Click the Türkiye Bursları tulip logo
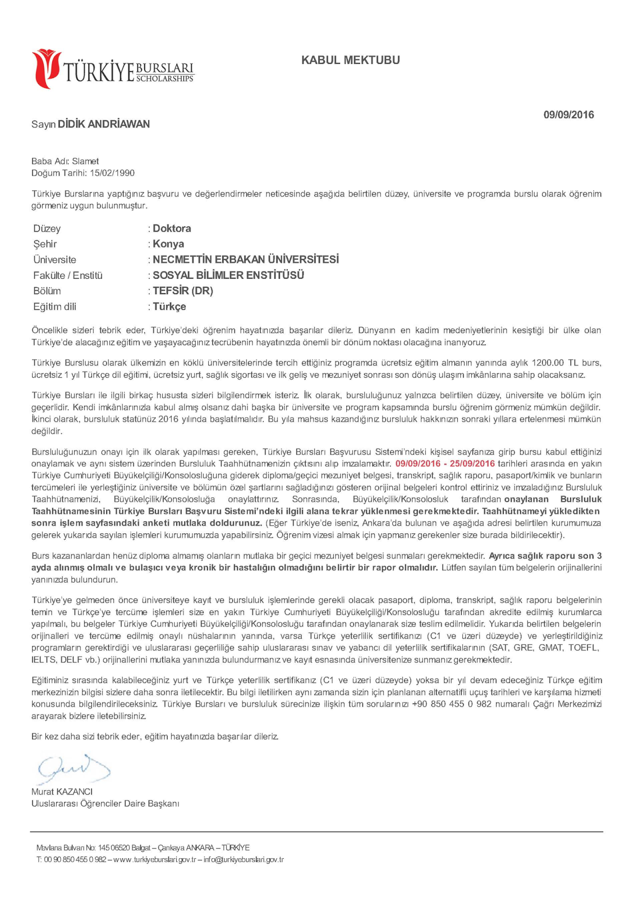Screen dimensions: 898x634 tap(46, 68)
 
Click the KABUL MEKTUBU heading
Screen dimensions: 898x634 tap(350, 60)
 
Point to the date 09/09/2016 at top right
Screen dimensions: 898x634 tap(568, 114)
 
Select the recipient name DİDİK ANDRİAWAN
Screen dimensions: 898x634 tap(104, 124)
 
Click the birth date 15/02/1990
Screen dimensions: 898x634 tap(112, 173)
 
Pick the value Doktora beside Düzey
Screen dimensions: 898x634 tap(172, 228)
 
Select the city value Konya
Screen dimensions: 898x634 tap(168, 244)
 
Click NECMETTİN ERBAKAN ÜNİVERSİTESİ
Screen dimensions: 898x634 tap(246, 259)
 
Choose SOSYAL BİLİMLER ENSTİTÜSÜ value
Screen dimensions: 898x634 tap(228, 275)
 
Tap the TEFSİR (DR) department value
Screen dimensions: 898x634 tap(183, 291)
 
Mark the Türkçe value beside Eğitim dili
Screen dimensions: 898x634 tap(169, 306)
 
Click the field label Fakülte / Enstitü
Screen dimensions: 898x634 tap(68, 276)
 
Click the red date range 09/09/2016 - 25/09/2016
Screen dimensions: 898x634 tap(445, 464)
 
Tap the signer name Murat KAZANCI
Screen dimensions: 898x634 tap(62, 791)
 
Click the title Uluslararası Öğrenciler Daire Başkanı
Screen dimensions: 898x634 tap(105, 803)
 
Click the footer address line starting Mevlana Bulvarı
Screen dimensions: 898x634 tap(143, 847)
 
